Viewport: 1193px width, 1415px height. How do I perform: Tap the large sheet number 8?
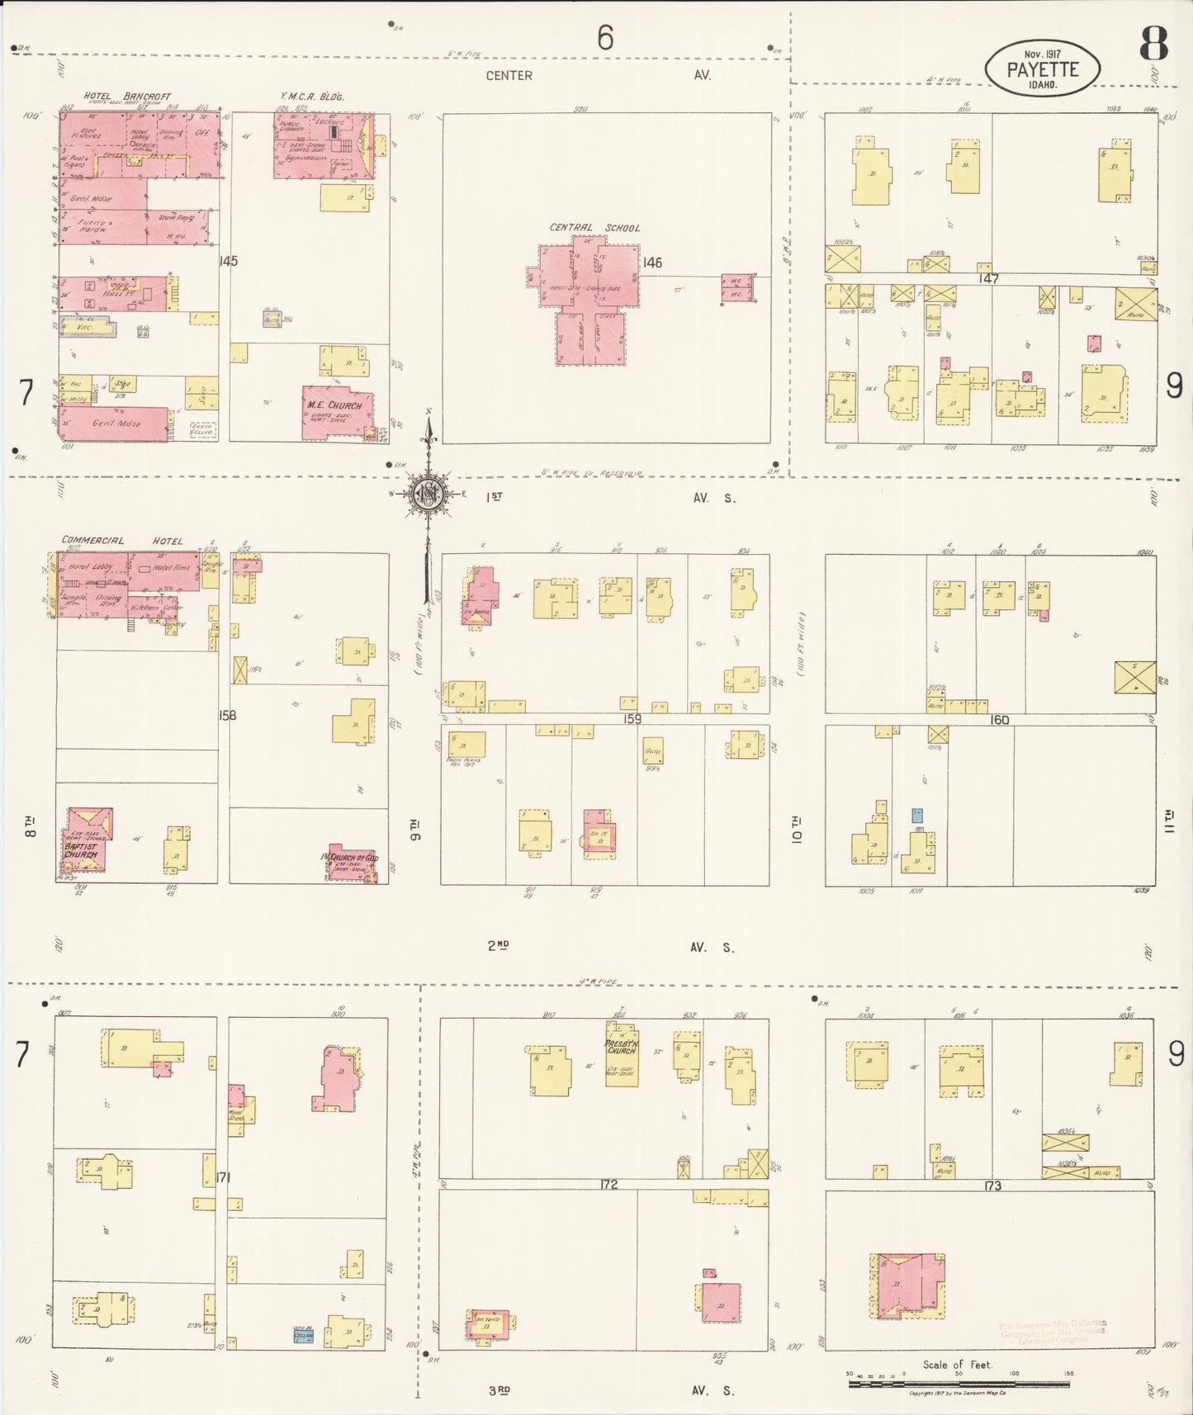1153,44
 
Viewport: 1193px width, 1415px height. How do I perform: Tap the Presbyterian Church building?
621,1054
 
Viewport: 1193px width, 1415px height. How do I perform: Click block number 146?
652,263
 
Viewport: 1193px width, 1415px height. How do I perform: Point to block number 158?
227,715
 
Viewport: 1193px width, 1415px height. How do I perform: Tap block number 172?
608,1184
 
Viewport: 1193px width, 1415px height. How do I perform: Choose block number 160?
999,720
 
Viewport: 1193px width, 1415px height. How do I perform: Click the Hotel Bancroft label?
127,97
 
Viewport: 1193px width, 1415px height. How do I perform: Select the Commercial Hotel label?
121,541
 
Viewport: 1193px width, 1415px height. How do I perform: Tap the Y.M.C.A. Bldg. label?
312,97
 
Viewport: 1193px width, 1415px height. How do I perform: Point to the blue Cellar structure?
304,1334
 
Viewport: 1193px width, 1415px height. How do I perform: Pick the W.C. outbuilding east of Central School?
736,289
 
